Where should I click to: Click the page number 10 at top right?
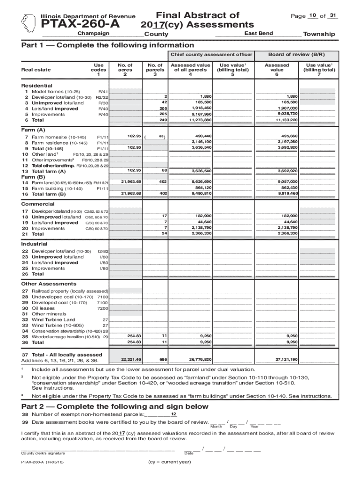click(312, 16)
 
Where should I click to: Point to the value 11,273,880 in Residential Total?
click(201, 120)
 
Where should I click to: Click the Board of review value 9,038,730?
click(287, 114)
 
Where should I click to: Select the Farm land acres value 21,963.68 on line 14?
click(131, 181)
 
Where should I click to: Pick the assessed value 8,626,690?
click(201, 181)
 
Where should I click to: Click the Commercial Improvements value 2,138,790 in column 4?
click(201, 227)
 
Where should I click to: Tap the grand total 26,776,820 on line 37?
click(200, 360)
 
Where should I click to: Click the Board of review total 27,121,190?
click(287, 360)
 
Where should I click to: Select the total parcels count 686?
click(163, 360)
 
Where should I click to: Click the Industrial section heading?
click(34, 244)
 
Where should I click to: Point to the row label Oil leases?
click(43, 308)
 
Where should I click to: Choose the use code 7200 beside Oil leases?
click(102, 309)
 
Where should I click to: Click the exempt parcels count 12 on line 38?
click(173, 414)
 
